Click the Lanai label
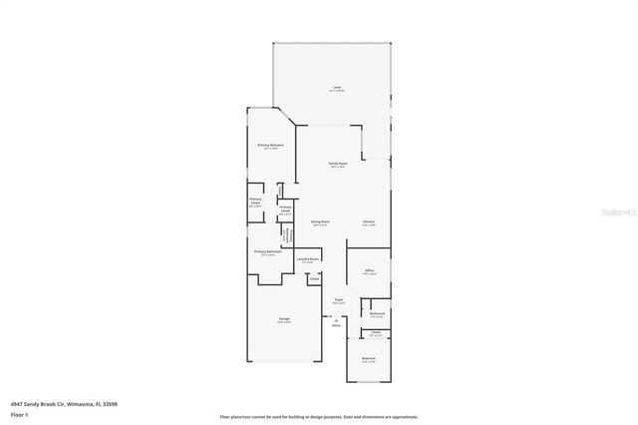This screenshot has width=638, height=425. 337,89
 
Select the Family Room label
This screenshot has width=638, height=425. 338,164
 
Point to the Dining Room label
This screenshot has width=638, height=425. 320,221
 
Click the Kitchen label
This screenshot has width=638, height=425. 368,221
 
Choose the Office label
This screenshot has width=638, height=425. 368,270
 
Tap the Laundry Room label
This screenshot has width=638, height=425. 307,258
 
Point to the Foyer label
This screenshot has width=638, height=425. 339,299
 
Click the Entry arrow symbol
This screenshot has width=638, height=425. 336,319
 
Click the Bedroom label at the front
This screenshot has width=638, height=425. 368,359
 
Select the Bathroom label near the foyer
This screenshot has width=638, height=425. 377,313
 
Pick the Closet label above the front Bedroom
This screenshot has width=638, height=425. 376,333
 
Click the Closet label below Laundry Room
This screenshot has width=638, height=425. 313,279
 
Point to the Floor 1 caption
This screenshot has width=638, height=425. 19,414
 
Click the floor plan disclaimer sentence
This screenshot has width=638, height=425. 318,417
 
